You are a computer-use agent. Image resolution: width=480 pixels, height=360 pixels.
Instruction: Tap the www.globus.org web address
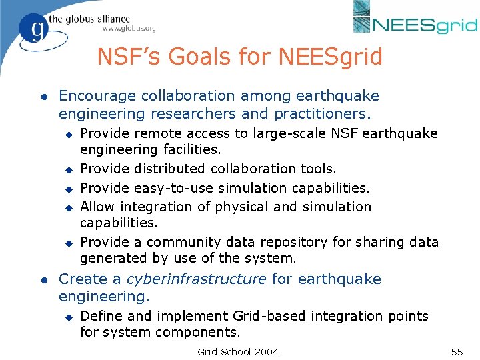tap(129, 28)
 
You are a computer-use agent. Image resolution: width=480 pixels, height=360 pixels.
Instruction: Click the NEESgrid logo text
tap(425, 25)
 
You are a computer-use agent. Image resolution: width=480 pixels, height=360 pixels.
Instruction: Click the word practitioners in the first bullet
tap(329, 113)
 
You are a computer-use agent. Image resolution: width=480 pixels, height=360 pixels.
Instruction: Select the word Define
tap(100, 315)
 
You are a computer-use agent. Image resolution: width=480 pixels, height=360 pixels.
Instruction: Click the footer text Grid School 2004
tap(239, 351)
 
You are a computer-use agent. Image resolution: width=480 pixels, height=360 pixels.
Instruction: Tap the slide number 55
tap(457, 351)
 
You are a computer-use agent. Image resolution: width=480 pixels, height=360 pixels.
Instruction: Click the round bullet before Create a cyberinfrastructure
tap(42, 279)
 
